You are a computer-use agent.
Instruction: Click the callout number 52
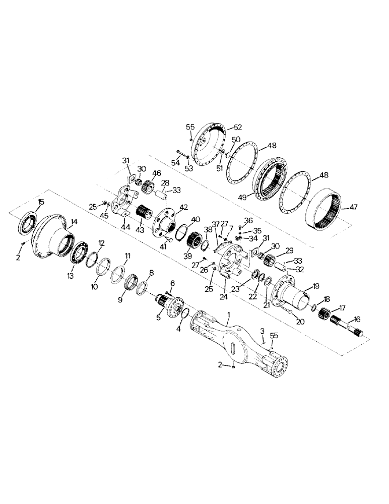point(237,127)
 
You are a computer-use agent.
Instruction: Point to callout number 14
point(74,221)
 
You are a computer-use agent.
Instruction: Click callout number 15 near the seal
point(41,202)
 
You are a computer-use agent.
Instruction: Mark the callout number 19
point(316,285)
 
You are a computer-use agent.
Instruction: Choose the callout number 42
point(182,207)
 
